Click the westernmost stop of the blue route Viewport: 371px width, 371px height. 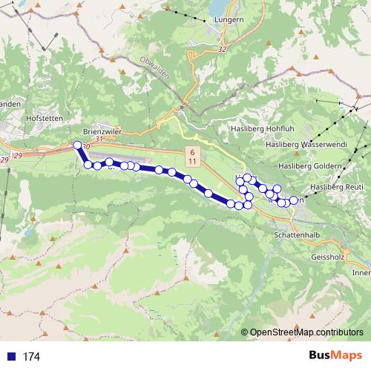point(78,145)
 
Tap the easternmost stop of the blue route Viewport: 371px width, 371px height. point(294,200)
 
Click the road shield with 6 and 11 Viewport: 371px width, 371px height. point(192,156)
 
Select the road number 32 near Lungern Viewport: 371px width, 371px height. point(222,49)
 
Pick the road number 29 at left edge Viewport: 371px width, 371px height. point(5,160)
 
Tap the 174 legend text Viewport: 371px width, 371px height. point(31,356)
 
